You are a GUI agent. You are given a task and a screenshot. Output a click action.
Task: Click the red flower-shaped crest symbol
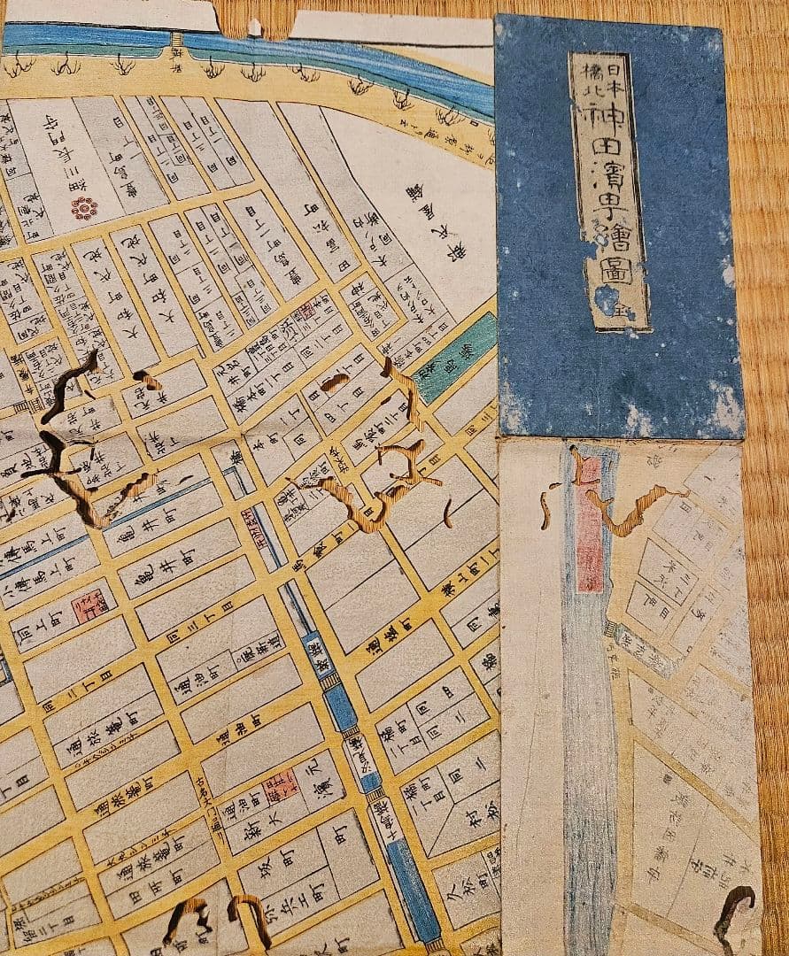84,208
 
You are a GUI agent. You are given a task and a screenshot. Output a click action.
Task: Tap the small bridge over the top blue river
176,40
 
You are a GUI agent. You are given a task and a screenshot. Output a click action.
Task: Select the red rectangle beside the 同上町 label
89,606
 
